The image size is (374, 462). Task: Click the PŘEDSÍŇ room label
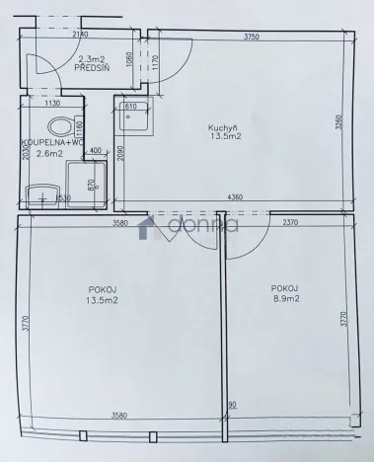tap(93, 70)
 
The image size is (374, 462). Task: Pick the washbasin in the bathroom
tap(42, 193)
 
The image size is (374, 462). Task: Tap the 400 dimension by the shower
tap(96, 150)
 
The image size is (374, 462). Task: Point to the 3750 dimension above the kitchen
tap(259, 38)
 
